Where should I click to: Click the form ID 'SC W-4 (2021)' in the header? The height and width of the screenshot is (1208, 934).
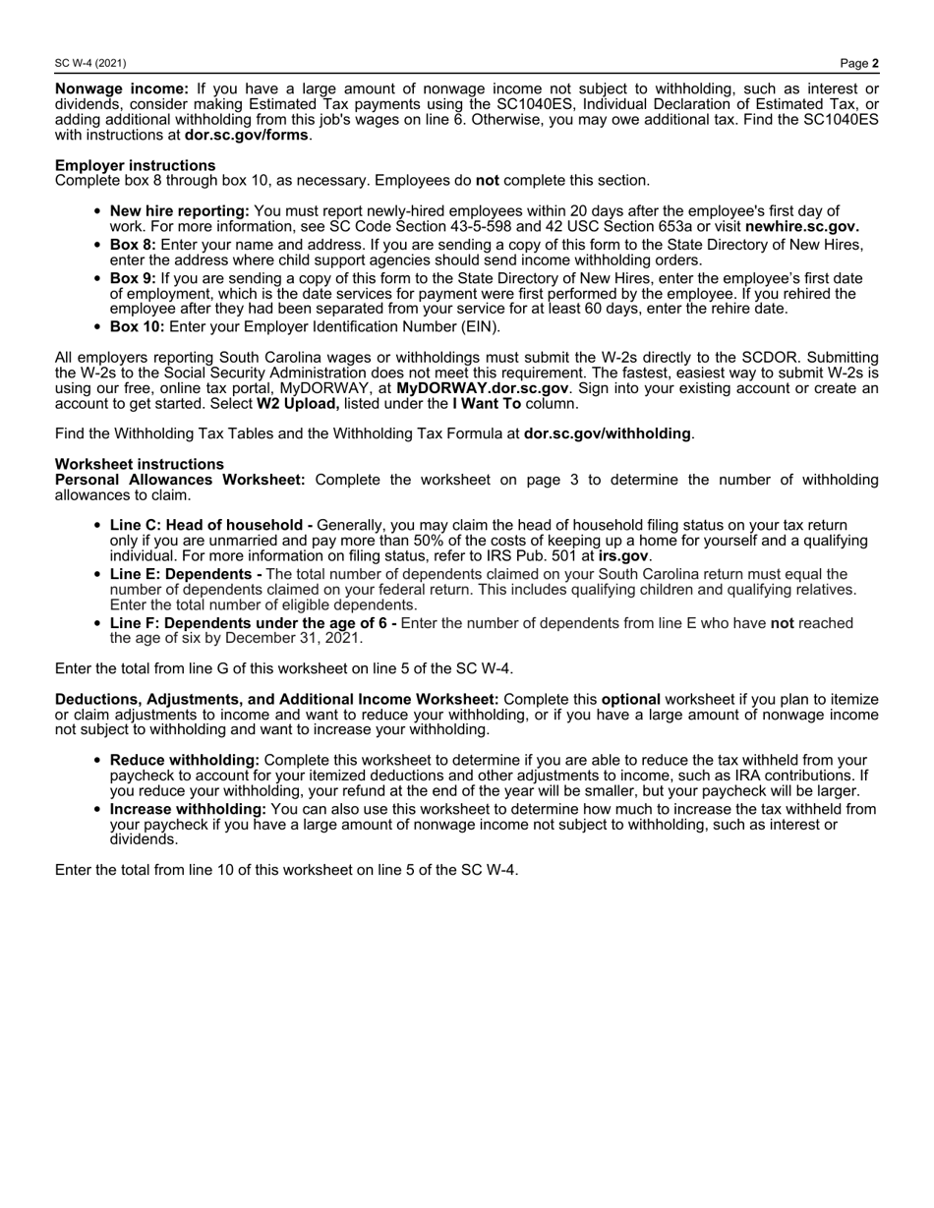(90, 63)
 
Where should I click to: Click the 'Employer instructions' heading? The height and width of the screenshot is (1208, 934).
(136, 165)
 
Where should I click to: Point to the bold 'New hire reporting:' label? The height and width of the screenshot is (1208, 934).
(180, 210)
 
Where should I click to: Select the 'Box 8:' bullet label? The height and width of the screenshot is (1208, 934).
(133, 245)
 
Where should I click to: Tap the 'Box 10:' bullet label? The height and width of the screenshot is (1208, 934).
(137, 326)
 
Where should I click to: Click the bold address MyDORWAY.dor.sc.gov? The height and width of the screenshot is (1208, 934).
(482, 388)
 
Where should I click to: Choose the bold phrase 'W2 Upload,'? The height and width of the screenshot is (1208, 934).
(298, 403)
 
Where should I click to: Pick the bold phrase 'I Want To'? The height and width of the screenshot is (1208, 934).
(487, 403)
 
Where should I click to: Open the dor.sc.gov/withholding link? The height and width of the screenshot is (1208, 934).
(607, 433)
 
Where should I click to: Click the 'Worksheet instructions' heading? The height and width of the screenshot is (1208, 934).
(140, 464)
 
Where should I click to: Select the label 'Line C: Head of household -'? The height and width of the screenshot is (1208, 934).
(211, 526)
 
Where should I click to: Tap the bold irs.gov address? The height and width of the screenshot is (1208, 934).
(623, 555)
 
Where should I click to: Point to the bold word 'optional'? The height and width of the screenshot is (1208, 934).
(630, 700)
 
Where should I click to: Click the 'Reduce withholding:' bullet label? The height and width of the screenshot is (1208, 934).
(185, 761)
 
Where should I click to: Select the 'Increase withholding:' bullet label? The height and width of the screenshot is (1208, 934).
(188, 809)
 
